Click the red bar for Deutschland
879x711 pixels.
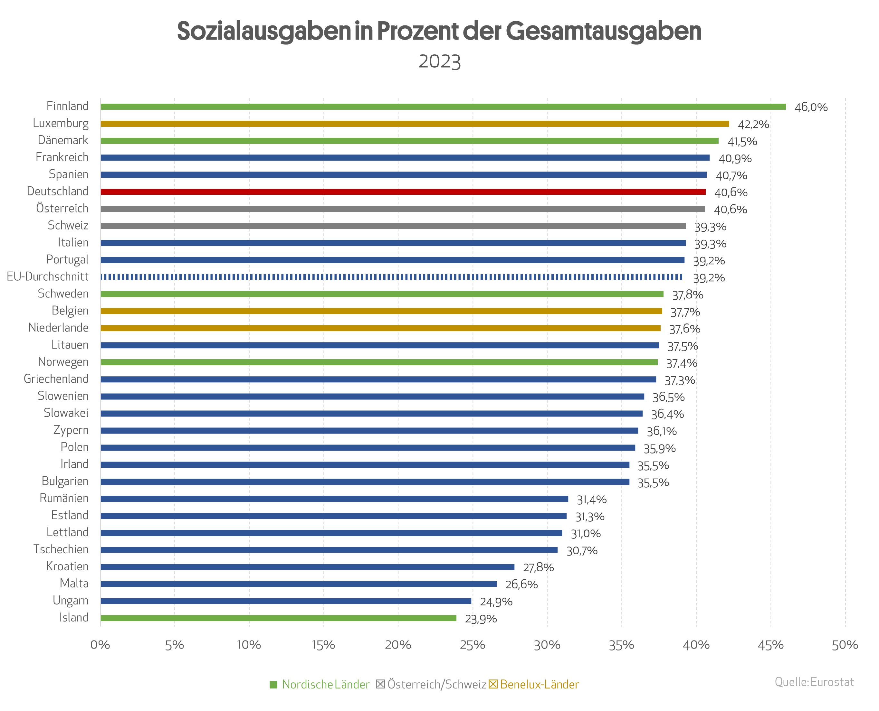pos(403,192)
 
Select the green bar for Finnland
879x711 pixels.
pos(443,107)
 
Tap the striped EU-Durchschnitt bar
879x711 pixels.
pos(391,277)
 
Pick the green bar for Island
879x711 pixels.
pos(278,618)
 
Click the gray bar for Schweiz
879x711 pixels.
pos(393,226)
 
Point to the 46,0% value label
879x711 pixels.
pos(811,107)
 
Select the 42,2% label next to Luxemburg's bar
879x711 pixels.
pos(753,125)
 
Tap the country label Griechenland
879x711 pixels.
pos(56,379)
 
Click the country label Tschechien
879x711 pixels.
pos(61,549)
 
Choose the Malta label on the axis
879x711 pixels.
pos(74,583)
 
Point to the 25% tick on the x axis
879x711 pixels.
pos(472,645)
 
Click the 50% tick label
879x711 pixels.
pos(845,645)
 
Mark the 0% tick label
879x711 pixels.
pos(100,645)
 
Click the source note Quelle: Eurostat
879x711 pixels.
pos(814,682)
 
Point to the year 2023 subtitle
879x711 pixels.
pos(439,62)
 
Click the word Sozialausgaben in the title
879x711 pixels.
pos(263,31)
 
